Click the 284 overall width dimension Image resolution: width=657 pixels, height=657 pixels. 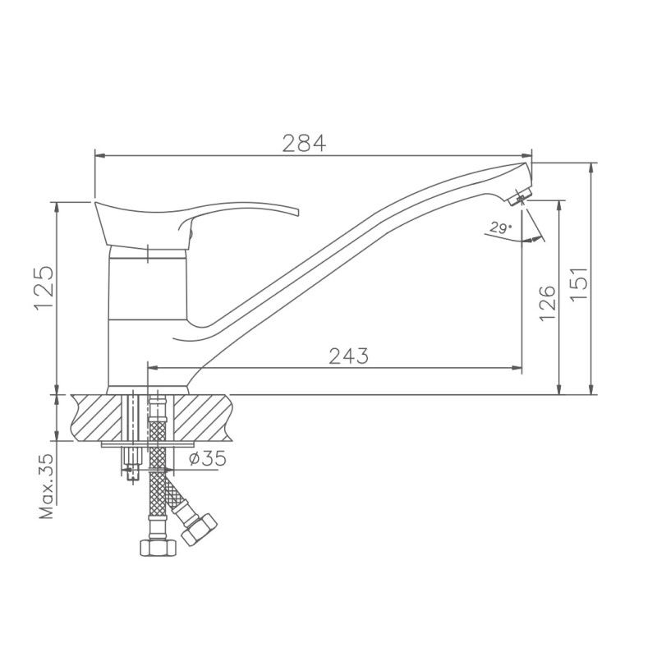(x=304, y=143)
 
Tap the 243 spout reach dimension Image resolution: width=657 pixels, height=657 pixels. (x=348, y=356)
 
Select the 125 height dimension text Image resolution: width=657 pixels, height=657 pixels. (x=44, y=287)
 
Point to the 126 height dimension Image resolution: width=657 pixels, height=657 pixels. (x=547, y=303)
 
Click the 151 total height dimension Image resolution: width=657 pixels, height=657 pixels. (x=579, y=283)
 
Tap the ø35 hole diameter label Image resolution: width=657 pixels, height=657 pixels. (x=208, y=458)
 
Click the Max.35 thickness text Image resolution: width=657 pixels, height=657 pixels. (x=47, y=486)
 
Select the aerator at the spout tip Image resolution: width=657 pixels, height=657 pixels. (x=520, y=195)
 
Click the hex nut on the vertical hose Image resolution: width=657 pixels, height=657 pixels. (x=159, y=548)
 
